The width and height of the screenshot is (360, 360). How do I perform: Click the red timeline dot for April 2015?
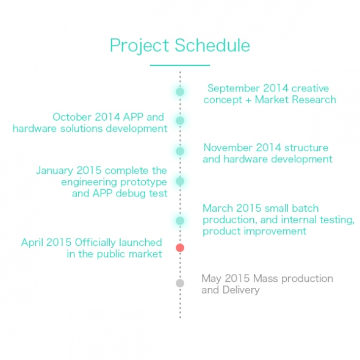coord(180,248)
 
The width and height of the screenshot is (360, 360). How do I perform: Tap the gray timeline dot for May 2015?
coord(180,283)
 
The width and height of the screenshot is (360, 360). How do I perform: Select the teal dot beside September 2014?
coord(180,92)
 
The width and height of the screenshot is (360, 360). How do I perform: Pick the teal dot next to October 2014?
coord(180,120)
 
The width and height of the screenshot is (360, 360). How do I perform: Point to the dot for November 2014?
coord(180,151)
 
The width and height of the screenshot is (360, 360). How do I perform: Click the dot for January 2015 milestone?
coord(180,181)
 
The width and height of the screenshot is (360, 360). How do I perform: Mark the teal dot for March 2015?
coord(180,221)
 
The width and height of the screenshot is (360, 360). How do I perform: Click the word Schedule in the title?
coord(212,45)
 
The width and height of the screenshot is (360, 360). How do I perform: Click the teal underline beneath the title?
coord(180,65)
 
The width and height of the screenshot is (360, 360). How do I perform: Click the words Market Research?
coord(295,99)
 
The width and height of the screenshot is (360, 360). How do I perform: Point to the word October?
coord(72,117)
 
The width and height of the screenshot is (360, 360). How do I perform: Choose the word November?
coord(228,148)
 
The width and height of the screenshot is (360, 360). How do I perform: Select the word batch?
coord(305,208)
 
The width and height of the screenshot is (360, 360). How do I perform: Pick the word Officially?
coord(96,243)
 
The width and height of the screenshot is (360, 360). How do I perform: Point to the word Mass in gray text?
coord(265,278)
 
